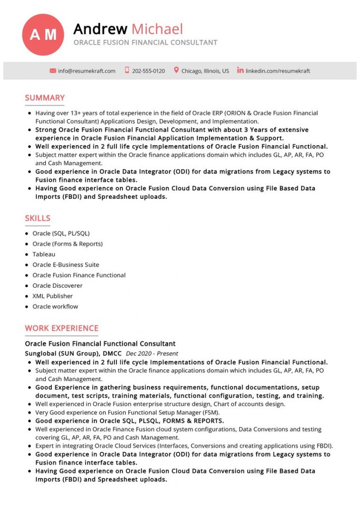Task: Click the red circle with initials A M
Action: coord(43,35)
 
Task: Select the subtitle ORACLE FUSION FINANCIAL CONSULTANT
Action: coord(145,43)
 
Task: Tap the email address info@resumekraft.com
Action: coord(87,71)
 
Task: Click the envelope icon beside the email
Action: coord(53,71)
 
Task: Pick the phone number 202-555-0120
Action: coord(148,71)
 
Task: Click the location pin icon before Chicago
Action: coord(176,71)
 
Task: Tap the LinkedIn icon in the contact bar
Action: coord(240,71)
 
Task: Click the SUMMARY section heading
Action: coord(45,98)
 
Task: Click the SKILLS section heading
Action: coord(38,218)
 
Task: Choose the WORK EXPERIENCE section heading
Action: coord(62,328)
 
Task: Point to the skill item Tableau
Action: coord(44,254)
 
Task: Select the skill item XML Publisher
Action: coord(53,296)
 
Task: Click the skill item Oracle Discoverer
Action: coord(58,286)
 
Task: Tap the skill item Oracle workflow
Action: coord(55,307)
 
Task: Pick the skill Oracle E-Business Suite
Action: coord(66,265)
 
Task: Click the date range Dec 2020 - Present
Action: coord(152,354)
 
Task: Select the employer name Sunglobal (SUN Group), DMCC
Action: coord(73,353)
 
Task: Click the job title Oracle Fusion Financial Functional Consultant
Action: coord(100,343)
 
